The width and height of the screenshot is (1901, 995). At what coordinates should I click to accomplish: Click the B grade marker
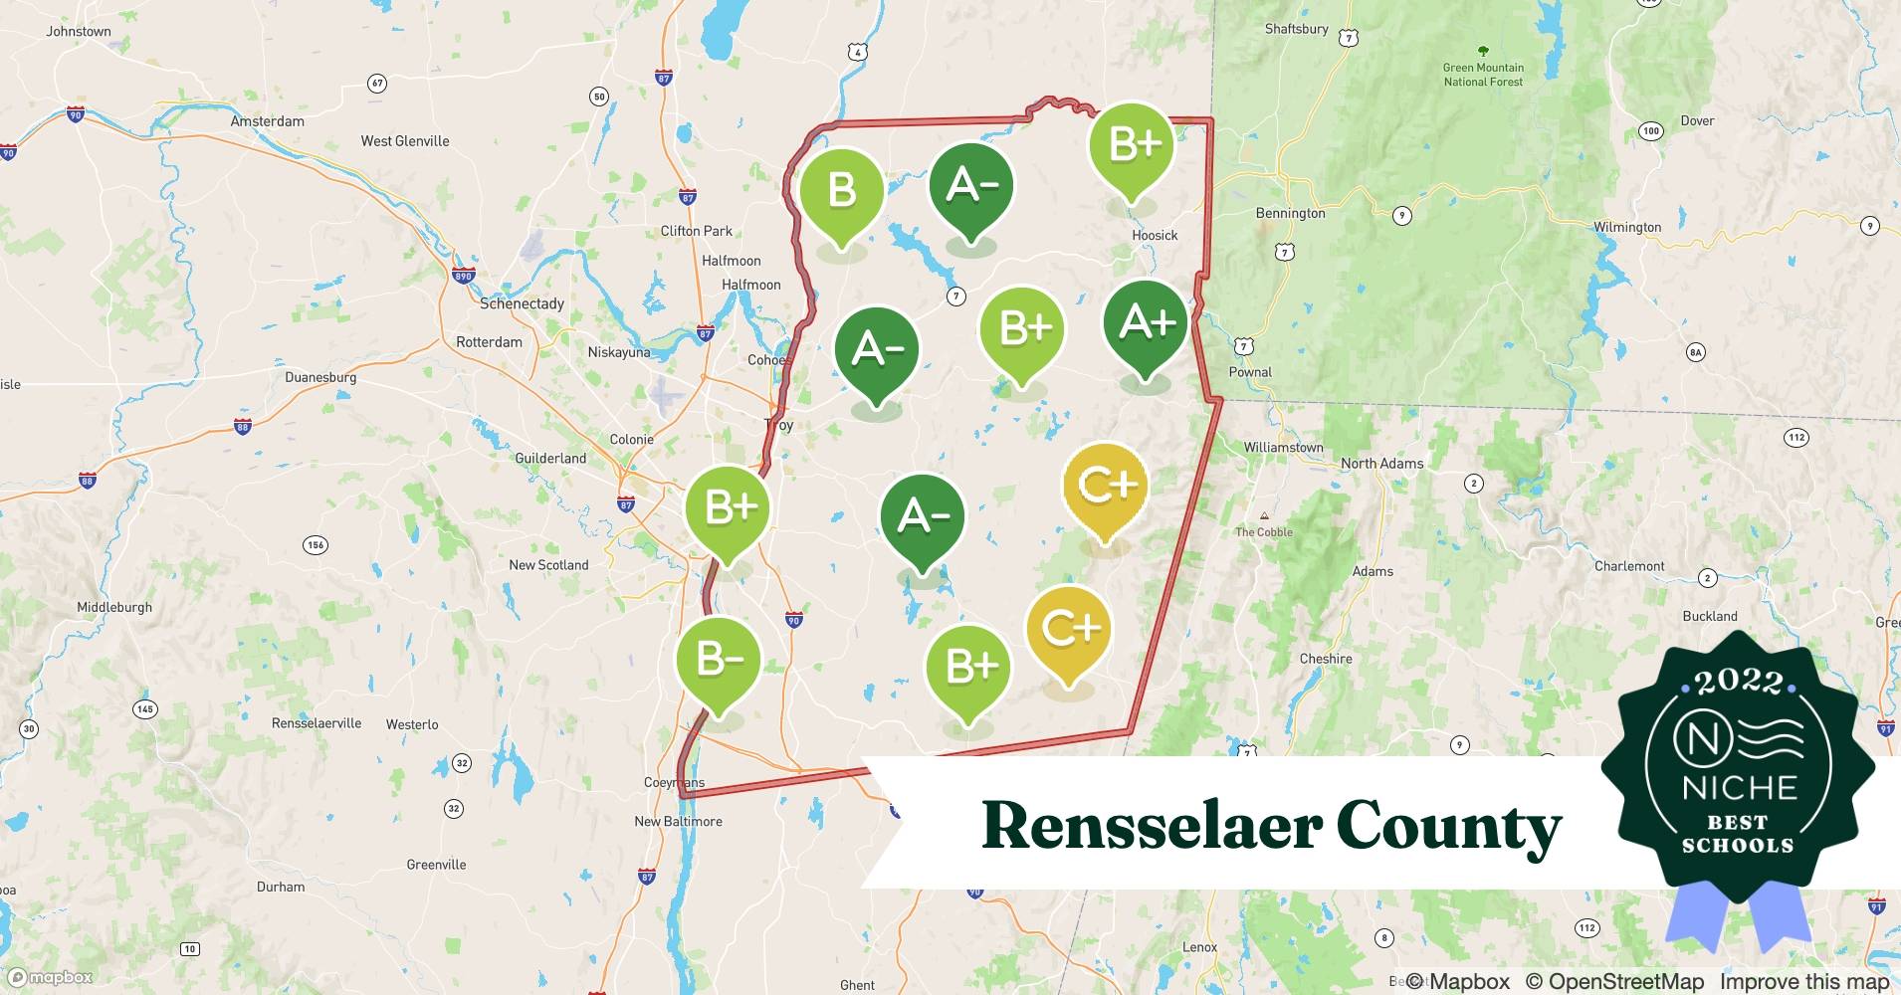(x=841, y=191)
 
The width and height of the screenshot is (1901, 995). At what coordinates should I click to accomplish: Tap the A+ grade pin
(x=1146, y=323)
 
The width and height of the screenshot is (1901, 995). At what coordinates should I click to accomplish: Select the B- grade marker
(x=718, y=661)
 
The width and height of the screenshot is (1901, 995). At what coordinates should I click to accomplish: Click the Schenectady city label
(x=522, y=303)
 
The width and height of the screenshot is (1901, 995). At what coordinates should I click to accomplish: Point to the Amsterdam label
(x=267, y=121)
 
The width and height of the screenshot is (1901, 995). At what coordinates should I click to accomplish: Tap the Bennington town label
(x=1290, y=213)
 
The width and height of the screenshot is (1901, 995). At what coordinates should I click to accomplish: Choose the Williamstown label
(x=1283, y=448)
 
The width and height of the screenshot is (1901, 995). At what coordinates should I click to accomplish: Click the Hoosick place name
(x=1155, y=235)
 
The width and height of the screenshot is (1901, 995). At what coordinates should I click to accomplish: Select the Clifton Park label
(x=696, y=231)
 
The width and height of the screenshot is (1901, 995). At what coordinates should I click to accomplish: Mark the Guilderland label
(x=550, y=458)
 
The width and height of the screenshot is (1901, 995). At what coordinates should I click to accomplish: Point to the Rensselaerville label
(x=317, y=723)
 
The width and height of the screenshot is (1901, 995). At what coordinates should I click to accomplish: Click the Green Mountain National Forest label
(x=1483, y=74)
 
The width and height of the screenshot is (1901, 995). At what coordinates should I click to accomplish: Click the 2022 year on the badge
(x=1739, y=682)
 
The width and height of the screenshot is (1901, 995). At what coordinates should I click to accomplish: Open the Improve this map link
(x=1803, y=982)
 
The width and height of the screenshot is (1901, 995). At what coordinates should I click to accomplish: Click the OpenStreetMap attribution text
(x=1614, y=982)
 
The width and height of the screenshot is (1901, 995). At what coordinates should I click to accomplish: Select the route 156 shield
(x=316, y=545)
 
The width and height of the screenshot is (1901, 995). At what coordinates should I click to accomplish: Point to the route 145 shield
(x=144, y=709)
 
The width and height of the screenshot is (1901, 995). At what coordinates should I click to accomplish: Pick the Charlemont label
(x=1629, y=566)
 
